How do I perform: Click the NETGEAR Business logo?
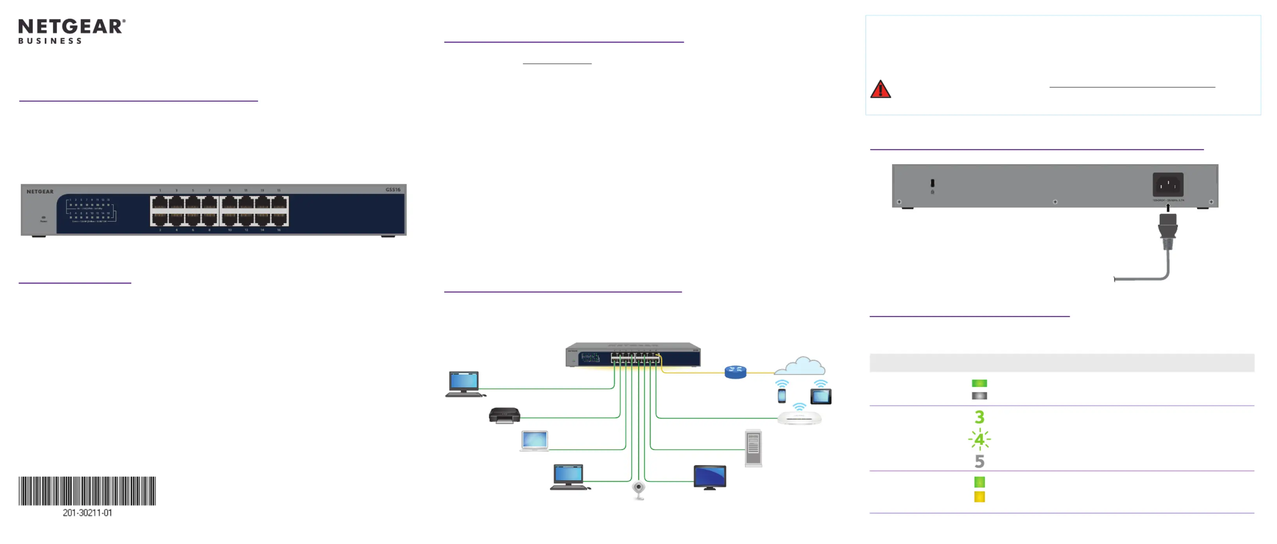(x=72, y=31)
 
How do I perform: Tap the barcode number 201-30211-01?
(x=87, y=513)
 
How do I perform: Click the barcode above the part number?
(x=87, y=490)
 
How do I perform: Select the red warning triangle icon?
(x=881, y=90)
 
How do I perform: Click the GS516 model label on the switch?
(x=393, y=189)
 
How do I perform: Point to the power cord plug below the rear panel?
(x=1168, y=231)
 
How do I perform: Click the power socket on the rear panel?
(x=1168, y=185)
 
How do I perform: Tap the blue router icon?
(x=735, y=372)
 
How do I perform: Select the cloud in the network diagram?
(x=800, y=366)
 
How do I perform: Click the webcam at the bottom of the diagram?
(x=638, y=490)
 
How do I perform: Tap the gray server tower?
(x=753, y=448)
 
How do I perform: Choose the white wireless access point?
(x=799, y=418)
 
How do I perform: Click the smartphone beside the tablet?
(x=782, y=396)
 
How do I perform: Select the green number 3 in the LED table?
(x=979, y=417)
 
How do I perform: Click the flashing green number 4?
(x=979, y=439)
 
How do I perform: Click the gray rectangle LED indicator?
(x=979, y=396)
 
